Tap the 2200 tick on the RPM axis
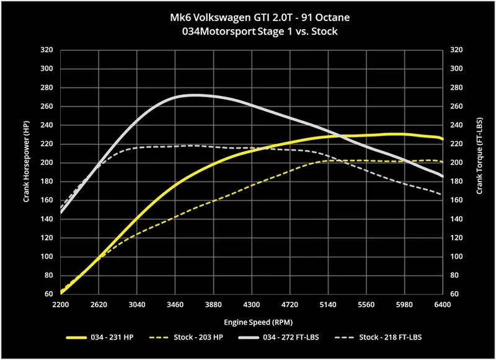pos(61,305)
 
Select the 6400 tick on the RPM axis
pos(442,305)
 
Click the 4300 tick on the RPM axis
pos(251,305)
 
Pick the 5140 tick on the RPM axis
pos(327,305)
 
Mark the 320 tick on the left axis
pos(46,50)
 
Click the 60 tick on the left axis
pos(48,294)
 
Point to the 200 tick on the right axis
pos(458,163)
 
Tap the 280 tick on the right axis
pos(458,88)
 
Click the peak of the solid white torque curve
pos(195,95)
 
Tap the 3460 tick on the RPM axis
pos(175,305)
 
